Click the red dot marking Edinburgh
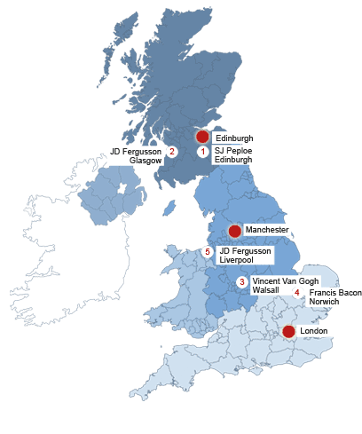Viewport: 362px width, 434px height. coord(202,137)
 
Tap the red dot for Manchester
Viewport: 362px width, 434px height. coord(234,231)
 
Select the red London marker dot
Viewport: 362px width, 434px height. coord(288,331)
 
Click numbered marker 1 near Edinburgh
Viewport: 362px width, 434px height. coord(202,152)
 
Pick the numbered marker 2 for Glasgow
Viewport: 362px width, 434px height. coord(172,152)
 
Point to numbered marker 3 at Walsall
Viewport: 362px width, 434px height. coord(241,281)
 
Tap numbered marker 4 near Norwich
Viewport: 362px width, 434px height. coord(297,293)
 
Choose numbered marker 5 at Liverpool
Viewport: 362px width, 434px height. coord(207,252)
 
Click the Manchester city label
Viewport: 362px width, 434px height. coord(267,231)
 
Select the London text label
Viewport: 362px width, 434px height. coord(314,331)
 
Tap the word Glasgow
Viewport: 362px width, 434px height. coord(146,162)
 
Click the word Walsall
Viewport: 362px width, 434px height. coord(265,290)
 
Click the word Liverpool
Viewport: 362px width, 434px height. coord(236,261)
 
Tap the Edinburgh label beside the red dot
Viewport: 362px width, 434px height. coord(234,138)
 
